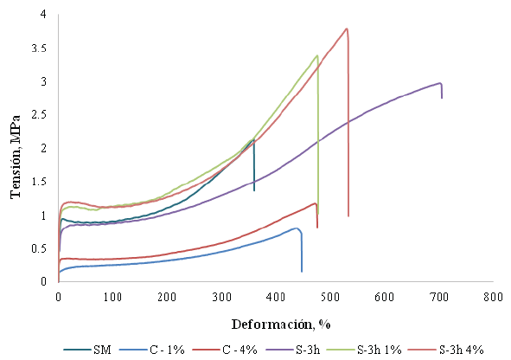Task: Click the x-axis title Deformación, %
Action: point(276,325)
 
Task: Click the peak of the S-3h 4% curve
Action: point(347,29)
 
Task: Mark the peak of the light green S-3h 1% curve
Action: point(317,55)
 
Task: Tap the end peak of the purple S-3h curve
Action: point(440,83)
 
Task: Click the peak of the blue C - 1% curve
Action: point(297,228)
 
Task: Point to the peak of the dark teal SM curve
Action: point(252,139)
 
